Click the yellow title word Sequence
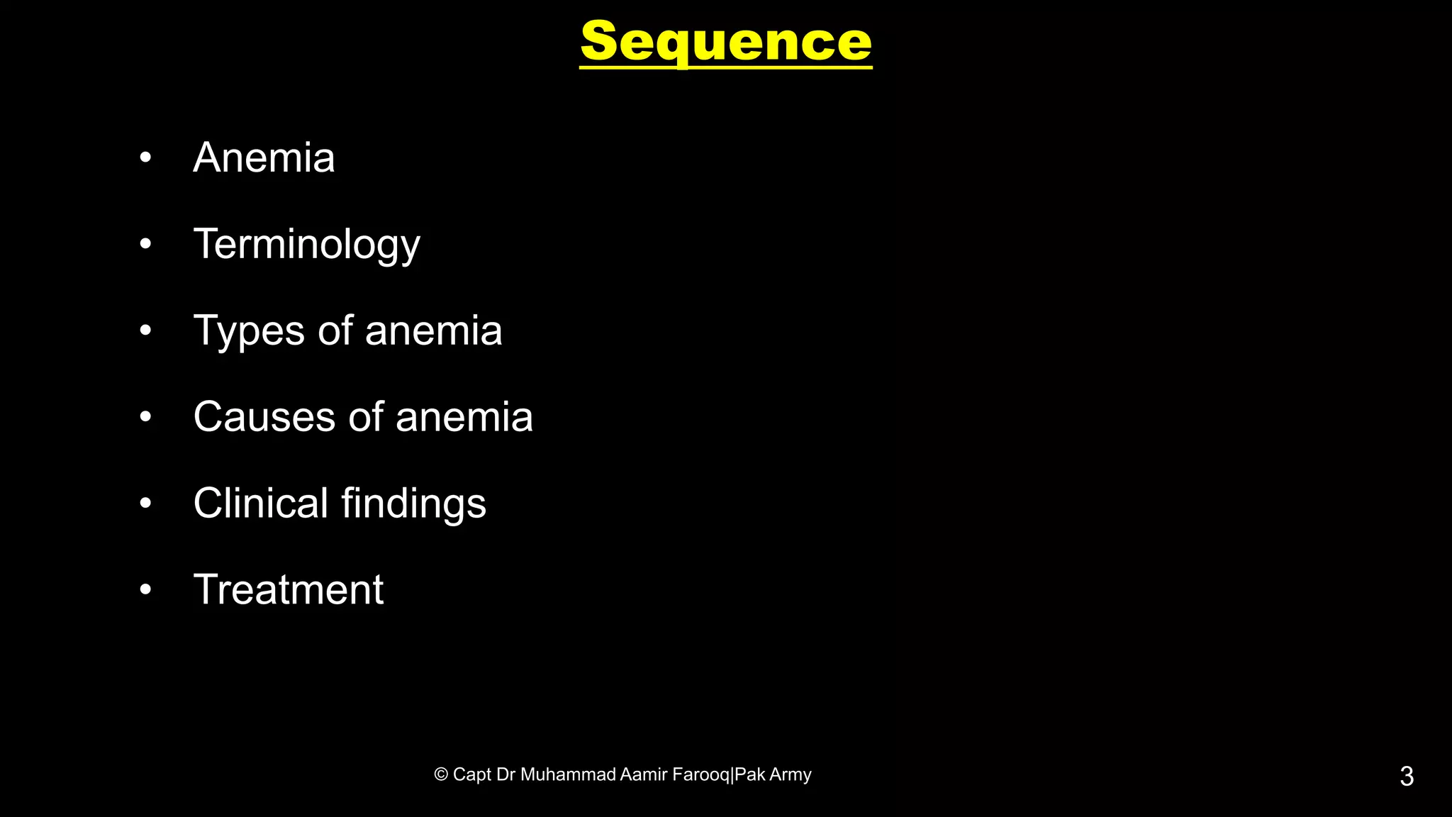(725, 43)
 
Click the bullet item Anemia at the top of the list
(264, 157)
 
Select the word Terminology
(306, 245)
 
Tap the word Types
(249, 331)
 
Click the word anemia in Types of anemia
(433, 331)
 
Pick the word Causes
(264, 417)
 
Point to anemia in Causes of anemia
(464, 417)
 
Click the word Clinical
(260, 504)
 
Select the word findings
(413, 504)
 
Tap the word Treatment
(289, 589)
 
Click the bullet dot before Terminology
(145, 244)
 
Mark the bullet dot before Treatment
(145, 589)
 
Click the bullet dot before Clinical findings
(145, 503)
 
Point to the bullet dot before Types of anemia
(145, 330)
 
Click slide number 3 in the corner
(1407, 777)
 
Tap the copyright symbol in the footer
(441, 774)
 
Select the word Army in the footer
(791, 774)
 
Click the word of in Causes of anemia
(366, 417)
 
